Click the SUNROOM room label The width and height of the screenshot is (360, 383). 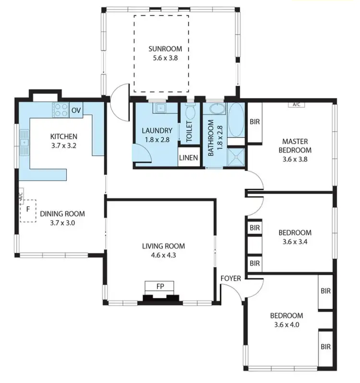pos(161,49)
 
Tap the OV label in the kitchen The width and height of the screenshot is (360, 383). pos(76,111)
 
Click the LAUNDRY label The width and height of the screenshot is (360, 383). pos(157,131)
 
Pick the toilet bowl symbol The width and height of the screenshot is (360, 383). pos(190,112)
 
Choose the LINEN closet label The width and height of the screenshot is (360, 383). pos(188,158)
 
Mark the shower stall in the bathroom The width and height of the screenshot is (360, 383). pos(236,156)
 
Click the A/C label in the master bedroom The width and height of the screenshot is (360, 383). pos(293,104)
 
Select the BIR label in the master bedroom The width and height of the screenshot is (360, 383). pos(255,122)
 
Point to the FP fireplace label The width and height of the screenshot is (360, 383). pos(160,286)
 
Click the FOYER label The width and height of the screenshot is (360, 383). pos(230,278)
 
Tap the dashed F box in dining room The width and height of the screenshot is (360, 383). pos(28,210)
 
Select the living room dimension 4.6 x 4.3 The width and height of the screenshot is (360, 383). pos(163,255)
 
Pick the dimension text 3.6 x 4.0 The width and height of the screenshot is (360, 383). pos(286,324)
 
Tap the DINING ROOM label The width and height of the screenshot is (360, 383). pos(62,214)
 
